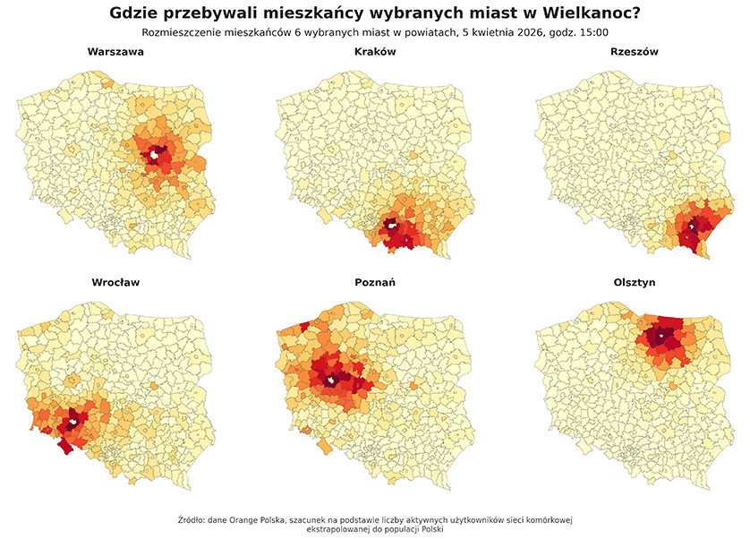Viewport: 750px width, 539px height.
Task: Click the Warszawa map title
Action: [115, 52]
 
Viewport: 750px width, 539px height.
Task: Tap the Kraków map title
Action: [375, 52]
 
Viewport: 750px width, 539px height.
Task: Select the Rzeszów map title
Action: [634, 52]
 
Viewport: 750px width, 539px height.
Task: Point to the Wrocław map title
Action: [115, 282]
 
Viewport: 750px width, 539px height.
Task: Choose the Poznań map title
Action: [375, 282]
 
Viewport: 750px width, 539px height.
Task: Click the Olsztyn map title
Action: [634, 282]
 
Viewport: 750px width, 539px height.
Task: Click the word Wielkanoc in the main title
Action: [590, 13]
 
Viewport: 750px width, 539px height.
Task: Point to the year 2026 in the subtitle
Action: [520, 32]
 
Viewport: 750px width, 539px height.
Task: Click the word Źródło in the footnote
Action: [189, 518]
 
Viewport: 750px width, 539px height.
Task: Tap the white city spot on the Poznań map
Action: [331, 381]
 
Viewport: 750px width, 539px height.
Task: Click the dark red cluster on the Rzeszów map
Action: [690, 235]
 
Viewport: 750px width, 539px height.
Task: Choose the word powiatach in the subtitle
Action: [427, 32]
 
